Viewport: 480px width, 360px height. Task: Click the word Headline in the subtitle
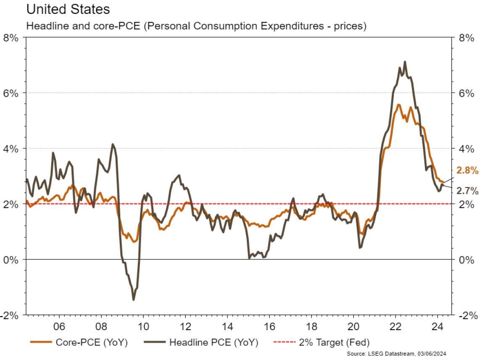pos(42,26)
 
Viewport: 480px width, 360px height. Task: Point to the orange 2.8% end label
pos(467,170)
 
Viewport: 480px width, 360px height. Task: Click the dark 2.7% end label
pos(467,191)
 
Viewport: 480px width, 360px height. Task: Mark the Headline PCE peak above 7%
pos(405,62)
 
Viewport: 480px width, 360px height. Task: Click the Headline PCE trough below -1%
pos(134,299)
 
